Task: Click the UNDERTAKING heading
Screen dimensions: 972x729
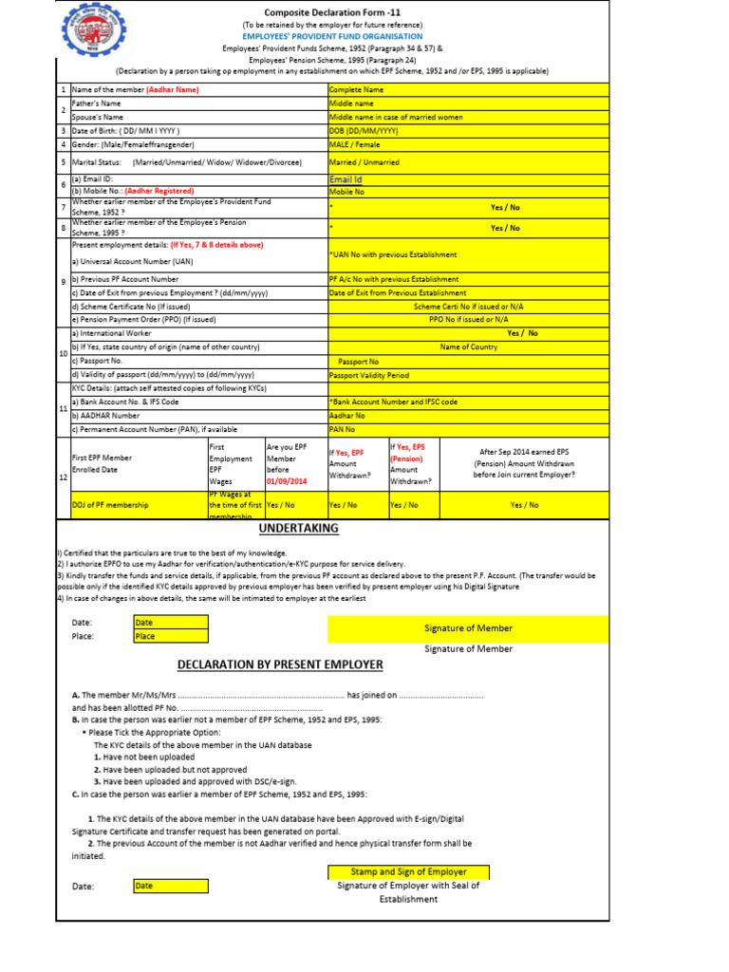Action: [292, 528]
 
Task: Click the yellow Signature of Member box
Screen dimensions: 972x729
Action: [468, 628]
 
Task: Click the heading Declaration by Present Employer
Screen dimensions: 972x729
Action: [280, 664]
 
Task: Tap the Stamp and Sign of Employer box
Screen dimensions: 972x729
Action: [409, 871]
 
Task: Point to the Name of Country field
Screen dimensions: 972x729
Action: [468, 347]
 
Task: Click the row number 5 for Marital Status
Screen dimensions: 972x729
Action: [63, 162]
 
